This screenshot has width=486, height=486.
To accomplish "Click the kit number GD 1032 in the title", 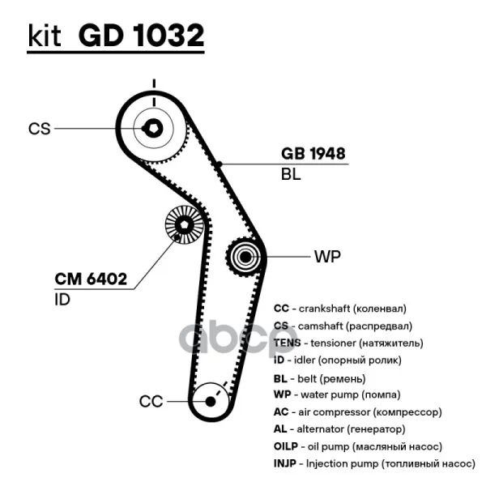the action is [x=141, y=35].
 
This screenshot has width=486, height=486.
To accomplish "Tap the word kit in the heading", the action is [x=45, y=36].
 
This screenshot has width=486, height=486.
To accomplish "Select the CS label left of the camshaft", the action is [x=39, y=129].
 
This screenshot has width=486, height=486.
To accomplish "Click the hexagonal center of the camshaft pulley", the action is [x=153, y=128].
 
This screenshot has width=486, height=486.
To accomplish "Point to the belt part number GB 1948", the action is [x=313, y=153].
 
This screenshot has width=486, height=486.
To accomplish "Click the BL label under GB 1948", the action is [x=291, y=174].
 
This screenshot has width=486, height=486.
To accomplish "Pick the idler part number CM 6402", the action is [x=91, y=279].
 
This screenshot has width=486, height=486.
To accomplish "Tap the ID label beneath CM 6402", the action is [x=62, y=300].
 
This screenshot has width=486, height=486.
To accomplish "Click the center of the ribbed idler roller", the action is [x=184, y=224].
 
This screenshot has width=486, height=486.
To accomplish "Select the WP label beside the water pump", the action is [x=327, y=257].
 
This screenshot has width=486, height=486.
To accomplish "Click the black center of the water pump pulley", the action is [x=245, y=257].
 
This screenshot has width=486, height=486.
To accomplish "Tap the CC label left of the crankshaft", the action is [x=151, y=402].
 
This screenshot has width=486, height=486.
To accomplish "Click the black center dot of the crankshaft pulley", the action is [x=211, y=402].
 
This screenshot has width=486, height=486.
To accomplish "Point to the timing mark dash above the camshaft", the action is [x=154, y=83].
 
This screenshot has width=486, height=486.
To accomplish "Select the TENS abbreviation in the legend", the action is [x=288, y=343].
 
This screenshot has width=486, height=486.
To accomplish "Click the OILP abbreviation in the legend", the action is [x=286, y=446].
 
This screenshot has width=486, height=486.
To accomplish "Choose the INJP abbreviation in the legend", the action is [x=285, y=463].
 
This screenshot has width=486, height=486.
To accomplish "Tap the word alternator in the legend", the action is [x=321, y=429].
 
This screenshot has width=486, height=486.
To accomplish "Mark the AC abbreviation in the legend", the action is [x=281, y=412].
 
